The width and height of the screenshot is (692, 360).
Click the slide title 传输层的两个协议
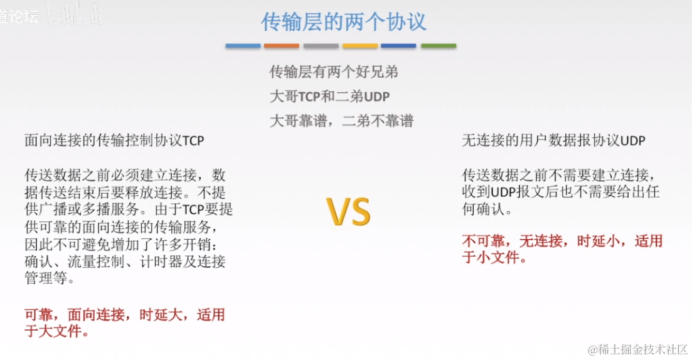[x=344, y=23]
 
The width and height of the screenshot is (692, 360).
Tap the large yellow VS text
[x=349, y=211]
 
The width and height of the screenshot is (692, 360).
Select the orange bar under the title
[x=282, y=46]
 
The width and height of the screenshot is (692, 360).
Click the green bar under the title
[x=439, y=46]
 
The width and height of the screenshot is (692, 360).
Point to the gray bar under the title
[x=321, y=46]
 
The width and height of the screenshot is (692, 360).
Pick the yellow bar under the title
[x=360, y=46]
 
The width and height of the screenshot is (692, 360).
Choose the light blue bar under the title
[x=243, y=46]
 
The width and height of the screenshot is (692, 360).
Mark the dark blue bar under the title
[x=398, y=46]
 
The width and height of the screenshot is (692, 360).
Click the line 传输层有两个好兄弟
[x=334, y=72]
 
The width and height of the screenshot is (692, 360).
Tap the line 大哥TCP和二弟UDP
[x=330, y=97]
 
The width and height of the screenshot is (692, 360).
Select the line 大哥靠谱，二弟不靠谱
[x=341, y=121]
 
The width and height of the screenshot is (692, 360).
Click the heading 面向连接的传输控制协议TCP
[x=114, y=141]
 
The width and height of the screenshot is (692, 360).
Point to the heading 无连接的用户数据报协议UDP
[x=554, y=141]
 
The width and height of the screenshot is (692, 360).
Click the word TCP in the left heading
[x=193, y=141]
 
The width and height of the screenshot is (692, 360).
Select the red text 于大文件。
[x=56, y=331]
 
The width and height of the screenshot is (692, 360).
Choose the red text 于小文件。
[x=494, y=258]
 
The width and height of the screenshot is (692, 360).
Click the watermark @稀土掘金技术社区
[x=637, y=349]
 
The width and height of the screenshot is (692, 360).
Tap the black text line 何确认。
[x=487, y=209]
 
